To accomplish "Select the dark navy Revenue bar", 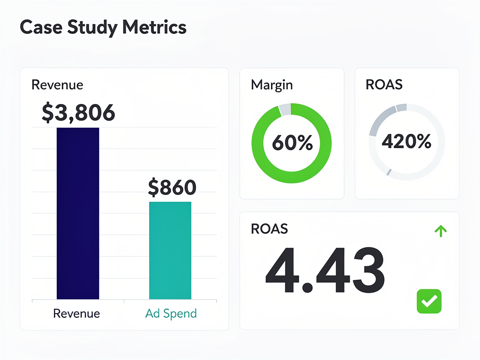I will (78, 213).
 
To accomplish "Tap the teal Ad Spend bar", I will (170, 250).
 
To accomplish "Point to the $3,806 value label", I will (78, 113).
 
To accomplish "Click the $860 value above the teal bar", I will (172, 187).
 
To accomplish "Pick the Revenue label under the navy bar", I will (76, 313).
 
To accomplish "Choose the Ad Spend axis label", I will (171, 313).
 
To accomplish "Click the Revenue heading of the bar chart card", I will (57, 85).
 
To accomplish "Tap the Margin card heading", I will (272, 85).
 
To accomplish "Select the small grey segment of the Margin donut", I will (285, 110).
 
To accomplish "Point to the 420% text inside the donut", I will (406, 141).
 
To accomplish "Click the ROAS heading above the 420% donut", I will (384, 85).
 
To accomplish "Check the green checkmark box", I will (429, 301).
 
